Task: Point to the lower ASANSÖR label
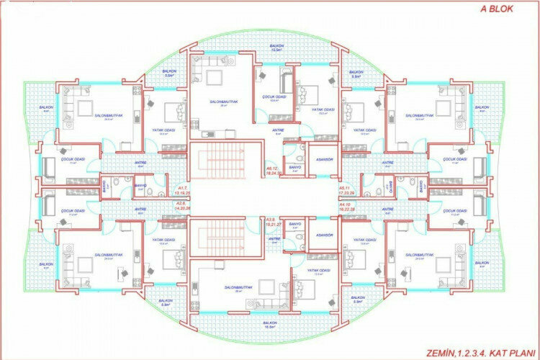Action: coord(325,235)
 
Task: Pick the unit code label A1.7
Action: coord(182,190)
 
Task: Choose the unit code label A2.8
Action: coord(182,204)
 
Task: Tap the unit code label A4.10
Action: coord(348,206)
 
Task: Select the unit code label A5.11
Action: coord(348,190)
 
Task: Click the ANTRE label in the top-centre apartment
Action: coord(277,130)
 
